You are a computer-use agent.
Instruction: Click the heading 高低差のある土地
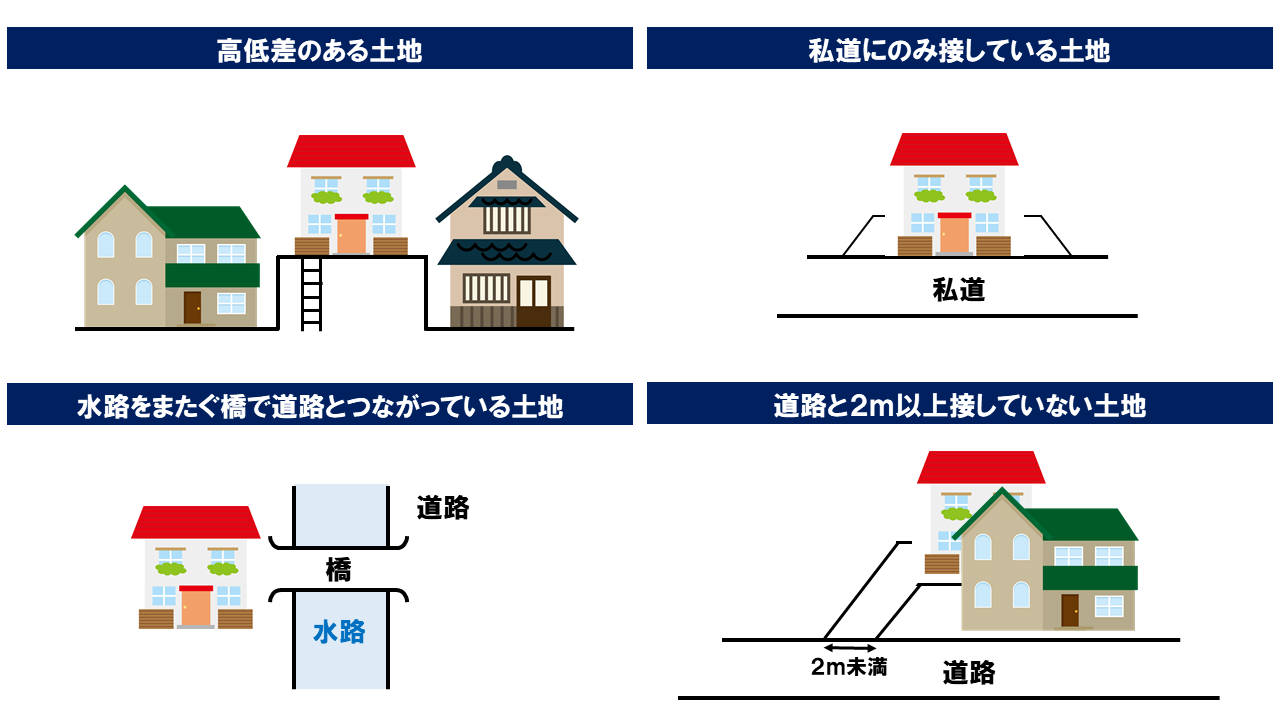click(319, 50)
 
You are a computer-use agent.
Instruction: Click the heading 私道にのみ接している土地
click(959, 50)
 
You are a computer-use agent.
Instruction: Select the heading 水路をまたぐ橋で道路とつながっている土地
click(319, 406)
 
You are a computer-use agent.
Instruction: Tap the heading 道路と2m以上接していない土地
click(959, 406)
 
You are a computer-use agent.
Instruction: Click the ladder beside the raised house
click(311, 293)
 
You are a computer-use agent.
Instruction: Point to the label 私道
click(958, 290)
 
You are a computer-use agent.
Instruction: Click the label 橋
click(338, 570)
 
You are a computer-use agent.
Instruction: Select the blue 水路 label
click(339, 631)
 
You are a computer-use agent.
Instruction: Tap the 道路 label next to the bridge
click(443, 508)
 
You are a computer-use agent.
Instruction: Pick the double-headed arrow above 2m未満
click(849, 649)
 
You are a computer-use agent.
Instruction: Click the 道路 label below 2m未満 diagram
click(968, 673)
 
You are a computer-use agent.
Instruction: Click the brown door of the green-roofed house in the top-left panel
click(192, 307)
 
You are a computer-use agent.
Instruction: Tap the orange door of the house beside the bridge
click(195, 607)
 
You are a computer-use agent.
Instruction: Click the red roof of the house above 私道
click(954, 150)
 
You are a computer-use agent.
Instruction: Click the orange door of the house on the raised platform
click(351, 235)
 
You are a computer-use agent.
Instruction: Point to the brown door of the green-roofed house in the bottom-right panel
click(1070, 610)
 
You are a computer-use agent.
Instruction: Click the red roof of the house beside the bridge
click(195, 523)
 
